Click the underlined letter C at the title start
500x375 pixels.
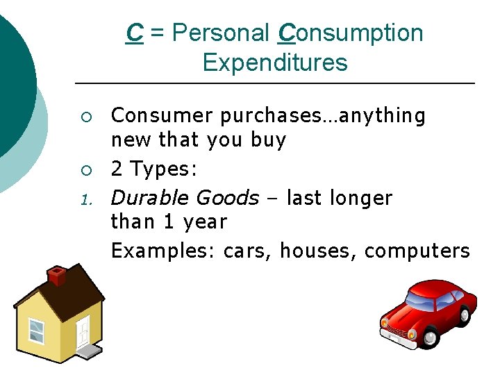coord(135,33)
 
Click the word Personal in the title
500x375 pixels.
coord(219,33)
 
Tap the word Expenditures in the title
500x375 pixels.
coord(274,62)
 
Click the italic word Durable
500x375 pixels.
coord(150,198)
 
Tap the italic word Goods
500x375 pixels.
coord(227,198)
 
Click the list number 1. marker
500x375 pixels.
coord(86,200)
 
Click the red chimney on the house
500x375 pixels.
coord(56,276)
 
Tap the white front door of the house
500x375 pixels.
coord(83,331)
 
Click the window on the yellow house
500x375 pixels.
coord(36,331)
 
